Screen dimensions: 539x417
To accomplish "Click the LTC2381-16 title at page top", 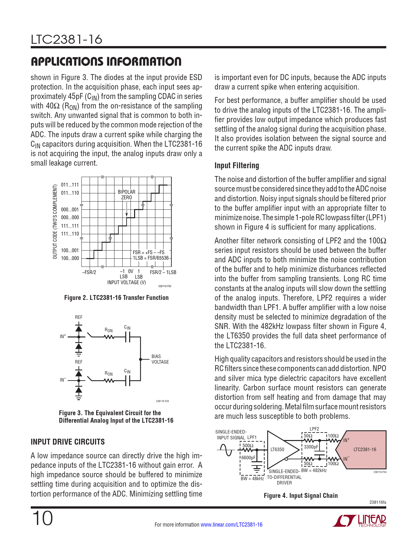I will click(x=66, y=40).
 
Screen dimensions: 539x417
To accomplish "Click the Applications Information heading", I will click(x=106, y=61).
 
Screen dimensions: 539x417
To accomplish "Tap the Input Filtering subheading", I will click(x=236, y=166).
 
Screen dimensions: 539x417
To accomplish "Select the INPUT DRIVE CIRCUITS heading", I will click(x=68, y=442).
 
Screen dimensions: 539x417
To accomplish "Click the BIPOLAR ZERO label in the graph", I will click(x=127, y=195).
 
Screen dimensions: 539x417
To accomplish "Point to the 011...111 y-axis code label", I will click(x=70, y=185).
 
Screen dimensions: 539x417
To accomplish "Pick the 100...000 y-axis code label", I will click(x=70, y=258).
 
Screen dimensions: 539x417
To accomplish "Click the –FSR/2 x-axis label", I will click(x=89, y=272).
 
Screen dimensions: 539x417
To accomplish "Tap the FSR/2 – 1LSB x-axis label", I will click(x=163, y=272).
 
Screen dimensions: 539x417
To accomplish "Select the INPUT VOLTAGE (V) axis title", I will click(x=127, y=282).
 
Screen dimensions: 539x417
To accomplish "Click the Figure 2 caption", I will click(x=116, y=298).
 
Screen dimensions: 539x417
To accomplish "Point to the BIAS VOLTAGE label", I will click(x=160, y=359).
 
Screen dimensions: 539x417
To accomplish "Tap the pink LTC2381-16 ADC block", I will click(x=364, y=449).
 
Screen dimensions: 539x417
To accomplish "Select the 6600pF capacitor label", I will click(x=249, y=458).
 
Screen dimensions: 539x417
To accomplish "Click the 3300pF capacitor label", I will click(x=311, y=447).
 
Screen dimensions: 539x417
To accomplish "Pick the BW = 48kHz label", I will click(x=252, y=479).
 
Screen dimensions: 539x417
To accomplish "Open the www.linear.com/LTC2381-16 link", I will click(x=231, y=525).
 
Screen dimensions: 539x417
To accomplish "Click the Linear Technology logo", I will click(x=359, y=521).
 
